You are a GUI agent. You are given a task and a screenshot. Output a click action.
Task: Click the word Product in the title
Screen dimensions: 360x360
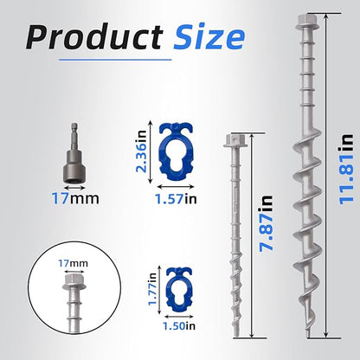click(94, 37)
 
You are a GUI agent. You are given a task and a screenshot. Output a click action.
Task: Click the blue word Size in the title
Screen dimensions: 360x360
click(209, 36)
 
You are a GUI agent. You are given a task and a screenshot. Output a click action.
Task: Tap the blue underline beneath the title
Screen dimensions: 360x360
click(115, 60)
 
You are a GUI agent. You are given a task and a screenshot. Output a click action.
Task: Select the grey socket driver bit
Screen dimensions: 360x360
click(74, 154)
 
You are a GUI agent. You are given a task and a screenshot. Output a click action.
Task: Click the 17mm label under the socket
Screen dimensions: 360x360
click(75, 199)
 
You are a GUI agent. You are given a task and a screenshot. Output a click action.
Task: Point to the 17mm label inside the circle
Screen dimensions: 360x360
click(74, 263)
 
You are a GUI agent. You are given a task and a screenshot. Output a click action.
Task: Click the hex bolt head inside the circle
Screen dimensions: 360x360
click(74, 281)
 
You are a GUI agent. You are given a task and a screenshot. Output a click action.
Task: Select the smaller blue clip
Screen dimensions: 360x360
click(179, 290)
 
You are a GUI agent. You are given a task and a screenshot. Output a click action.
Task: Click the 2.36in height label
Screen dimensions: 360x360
click(142, 151)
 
